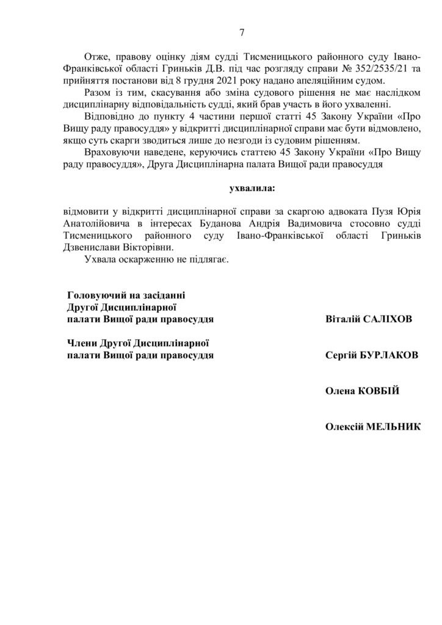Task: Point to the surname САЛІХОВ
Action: (x=391, y=319)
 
